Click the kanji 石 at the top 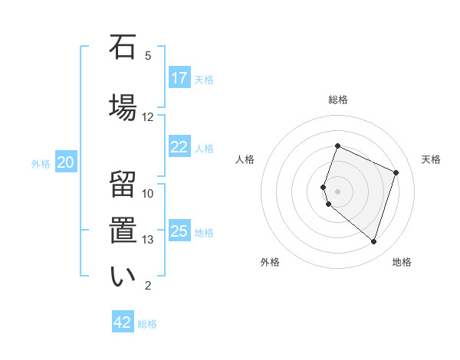pyautogui.click(x=123, y=47)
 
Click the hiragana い pyautogui.click(x=123, y=276)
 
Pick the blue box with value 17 pyautogui.click(x=179, y=78)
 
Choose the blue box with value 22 pyautogui.click(x=179, y=147)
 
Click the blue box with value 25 pyautogui.click(x=179, y=231)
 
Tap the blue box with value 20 pyautogui.click(x=66, y=162)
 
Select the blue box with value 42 pyautogui.click(x=123, y=322)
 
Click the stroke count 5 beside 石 pyautogui.click(x=148, y=55)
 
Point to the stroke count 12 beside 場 pyautogui.click(x=148, y=117)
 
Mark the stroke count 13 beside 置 pyautogui.click(x=148, y=240)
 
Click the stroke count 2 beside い pyautogui.click(x=148, y=286)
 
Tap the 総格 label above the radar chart pyautogui.click(x=338, y=100)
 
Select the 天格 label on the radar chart pyautogui.click(x=432, y=159)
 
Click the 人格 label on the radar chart pyautogui.click(x=245, y=159)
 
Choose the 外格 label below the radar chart pyautogui.click(x=270, y=263)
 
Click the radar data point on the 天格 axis pyautogui.click(x=396, y=172)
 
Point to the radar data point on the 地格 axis pyautogui.click(x=373, y=241)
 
